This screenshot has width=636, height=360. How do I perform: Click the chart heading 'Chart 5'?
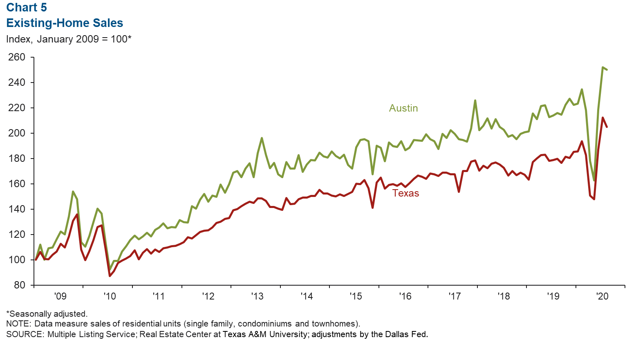27,7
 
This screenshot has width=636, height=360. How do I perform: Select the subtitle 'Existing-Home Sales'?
65,23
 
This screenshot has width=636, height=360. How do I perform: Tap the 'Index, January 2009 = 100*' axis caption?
69,39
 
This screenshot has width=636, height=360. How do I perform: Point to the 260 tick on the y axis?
17,57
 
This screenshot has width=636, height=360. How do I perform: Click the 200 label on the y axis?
17,133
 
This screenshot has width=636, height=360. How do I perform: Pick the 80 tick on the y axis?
19,285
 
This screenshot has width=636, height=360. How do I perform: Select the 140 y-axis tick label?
17,209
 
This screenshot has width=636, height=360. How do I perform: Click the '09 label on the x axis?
60,296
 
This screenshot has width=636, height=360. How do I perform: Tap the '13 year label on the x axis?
258,296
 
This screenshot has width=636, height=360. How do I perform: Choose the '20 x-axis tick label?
603,296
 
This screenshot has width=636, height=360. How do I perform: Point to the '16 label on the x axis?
405,296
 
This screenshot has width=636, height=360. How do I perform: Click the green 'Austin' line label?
403,108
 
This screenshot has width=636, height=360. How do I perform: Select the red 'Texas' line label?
405,193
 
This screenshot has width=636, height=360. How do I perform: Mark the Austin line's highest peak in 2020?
602,67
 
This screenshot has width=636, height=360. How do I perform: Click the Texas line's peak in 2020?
602,118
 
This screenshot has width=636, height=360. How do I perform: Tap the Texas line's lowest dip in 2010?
110,276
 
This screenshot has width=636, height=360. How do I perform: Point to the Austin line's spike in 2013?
262,138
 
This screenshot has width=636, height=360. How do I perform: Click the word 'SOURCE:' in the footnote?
25,334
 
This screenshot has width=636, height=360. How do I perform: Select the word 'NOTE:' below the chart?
19,324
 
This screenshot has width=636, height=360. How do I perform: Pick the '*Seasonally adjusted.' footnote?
47,314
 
